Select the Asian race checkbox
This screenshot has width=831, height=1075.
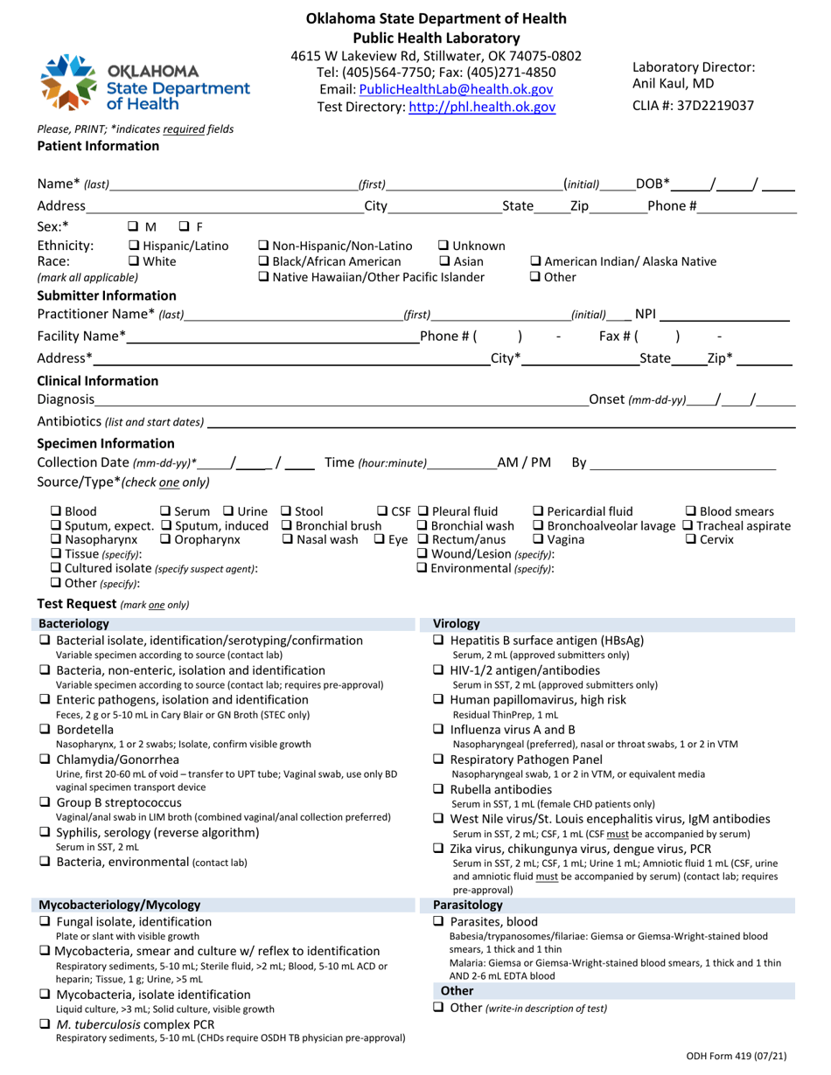(x=444, y=261)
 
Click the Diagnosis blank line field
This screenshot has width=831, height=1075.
(x=341, y=400)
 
